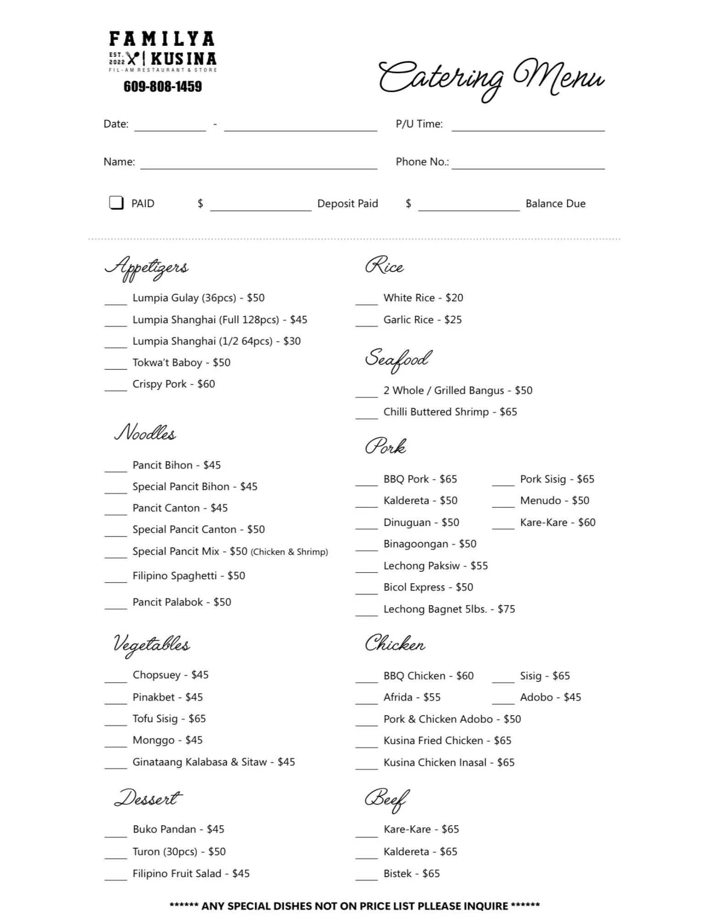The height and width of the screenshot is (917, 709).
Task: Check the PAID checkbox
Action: tap(116, 203)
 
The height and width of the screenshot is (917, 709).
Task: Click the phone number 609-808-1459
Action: tap(162, 87)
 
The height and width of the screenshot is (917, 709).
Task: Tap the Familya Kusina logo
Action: tap(162, 51)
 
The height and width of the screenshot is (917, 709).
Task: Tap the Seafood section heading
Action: tap(398, 359)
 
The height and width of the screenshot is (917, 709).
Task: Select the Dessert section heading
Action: tap(148, 798)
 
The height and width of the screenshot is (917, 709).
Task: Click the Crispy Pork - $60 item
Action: tap(173, 384)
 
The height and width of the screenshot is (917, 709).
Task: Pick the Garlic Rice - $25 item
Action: tap(422, 320)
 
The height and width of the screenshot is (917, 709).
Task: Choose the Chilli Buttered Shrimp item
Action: tap(450, 412)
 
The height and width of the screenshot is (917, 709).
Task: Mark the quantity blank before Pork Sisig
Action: tap(503, 482)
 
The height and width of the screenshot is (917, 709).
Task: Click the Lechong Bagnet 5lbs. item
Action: tap(449, 609)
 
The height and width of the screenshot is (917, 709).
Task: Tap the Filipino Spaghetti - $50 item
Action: tap(189, 576)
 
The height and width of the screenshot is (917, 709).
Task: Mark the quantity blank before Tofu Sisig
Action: tap(116, 722)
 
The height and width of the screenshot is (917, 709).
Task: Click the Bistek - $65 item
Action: tap(411, 874)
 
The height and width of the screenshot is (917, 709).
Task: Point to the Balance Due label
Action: tap(555, 204)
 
